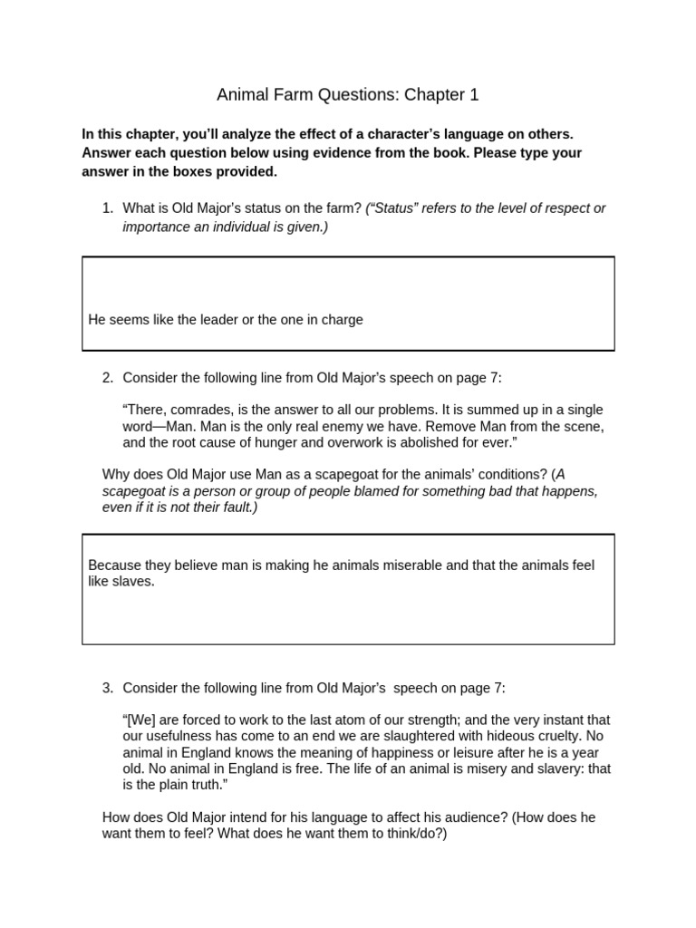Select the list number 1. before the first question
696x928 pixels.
click(x=108, y=208)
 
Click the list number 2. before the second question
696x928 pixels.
click(x=108, y=377)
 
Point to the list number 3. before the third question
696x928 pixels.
click(x=108, y=688)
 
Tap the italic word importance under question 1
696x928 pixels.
click(x=157, y=227)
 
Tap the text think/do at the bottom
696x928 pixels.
click(x=411, y=834)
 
